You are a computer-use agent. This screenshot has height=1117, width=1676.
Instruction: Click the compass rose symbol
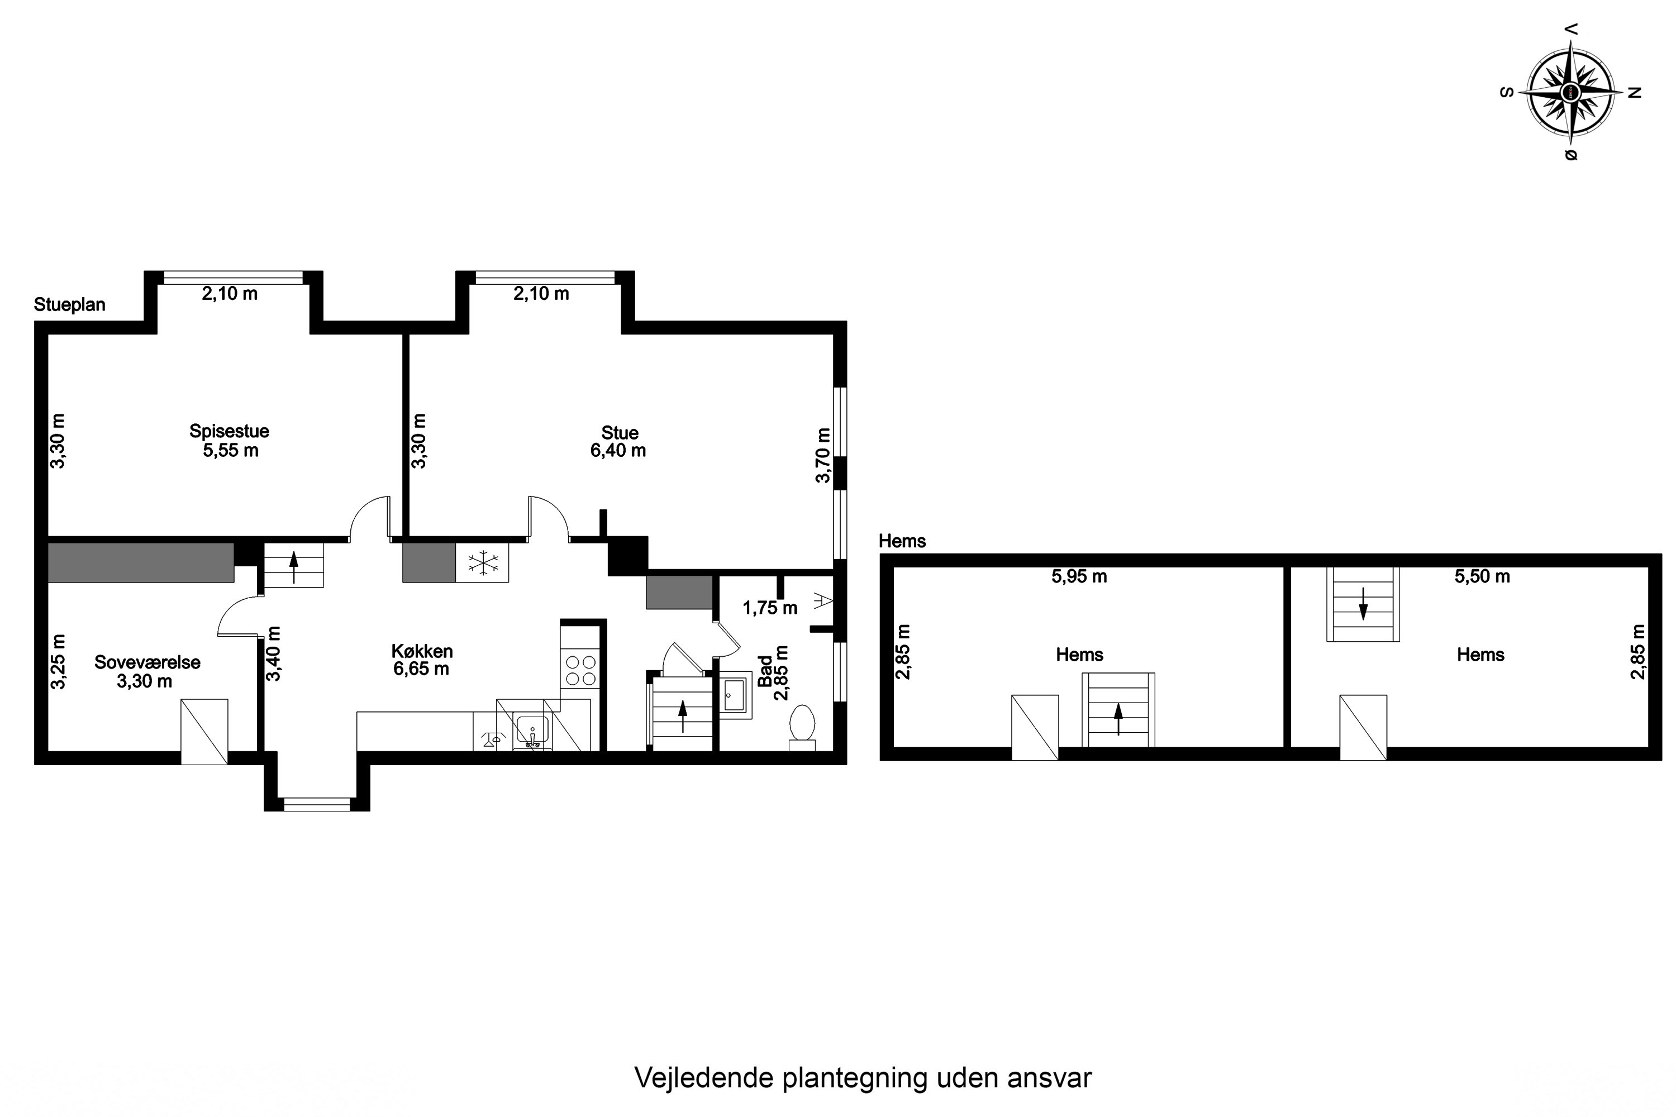pyautogui.click(x=1570, y=93)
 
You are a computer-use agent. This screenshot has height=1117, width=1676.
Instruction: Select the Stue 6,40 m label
pyautogui.click(x=618, y=442)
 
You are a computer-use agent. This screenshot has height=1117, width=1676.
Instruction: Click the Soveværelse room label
pyautogui.click(x=147, y=662)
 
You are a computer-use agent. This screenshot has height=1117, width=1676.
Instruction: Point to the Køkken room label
pyautogui.click(x=422, y=651)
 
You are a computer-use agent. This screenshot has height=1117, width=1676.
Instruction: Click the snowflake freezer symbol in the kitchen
pyautogui.click(x=483, y=563)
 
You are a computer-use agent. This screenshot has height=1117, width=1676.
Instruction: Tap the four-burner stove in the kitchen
pyautogui.click(x=581, y=670)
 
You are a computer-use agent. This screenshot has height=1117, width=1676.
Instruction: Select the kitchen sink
pyautogui.click(x=532, y=731)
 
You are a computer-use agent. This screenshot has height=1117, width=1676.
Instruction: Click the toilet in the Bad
pyautogui.click(x=802, y=723)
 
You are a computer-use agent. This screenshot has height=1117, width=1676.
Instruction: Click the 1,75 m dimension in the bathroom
pyautogui.click(x=770, y=608)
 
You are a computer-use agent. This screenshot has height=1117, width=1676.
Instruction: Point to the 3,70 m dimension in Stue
pyautogui.click(x=823, y=456)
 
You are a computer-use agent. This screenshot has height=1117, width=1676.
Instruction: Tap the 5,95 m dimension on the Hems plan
pyautogui.click(x=1079, y=576)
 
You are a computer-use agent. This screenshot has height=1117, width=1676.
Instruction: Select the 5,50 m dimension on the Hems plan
pyautogui.click(x=1482, y=576)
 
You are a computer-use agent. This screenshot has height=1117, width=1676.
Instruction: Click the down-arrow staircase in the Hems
pyautogui.click(x=1363, y=604)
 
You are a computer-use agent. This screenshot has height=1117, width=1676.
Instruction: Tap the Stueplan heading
pyautogui.click(x=70, y=305)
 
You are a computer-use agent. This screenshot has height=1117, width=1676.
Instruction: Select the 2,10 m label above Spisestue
pyautogui.click(x=230, y=294)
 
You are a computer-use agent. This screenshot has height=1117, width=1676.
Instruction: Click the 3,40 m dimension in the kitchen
pyautogui.click(x=274, y=653)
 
